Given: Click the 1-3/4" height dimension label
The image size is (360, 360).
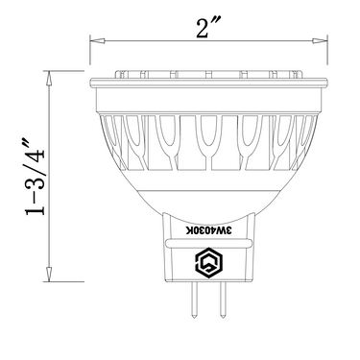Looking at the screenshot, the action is tap(36, 177).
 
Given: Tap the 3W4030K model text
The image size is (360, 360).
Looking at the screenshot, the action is tap(209, 231).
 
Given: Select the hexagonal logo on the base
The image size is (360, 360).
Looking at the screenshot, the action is tap(208, 261).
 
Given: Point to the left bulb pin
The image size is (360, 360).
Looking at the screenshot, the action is tap(195, 300).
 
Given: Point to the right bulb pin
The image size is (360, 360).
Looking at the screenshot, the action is tap(223, 300).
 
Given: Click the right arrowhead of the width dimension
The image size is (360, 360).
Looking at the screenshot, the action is tap(320, 41).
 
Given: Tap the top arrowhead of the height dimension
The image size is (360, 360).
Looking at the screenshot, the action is tap(49, 79).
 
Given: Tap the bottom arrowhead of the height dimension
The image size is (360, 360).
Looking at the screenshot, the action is tap(49, 275).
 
